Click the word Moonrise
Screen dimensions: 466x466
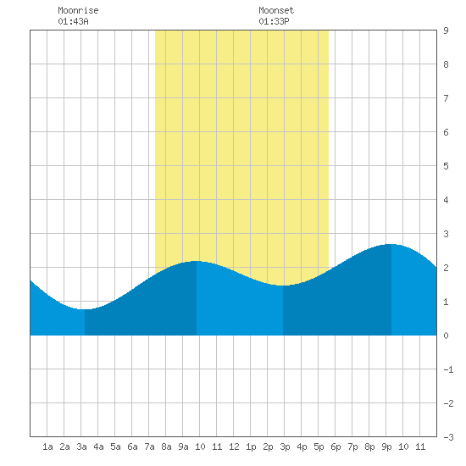point(78,10)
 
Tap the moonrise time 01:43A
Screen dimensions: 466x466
point(73,21)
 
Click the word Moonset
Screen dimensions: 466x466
point(276,10)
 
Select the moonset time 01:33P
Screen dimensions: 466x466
point(274,21)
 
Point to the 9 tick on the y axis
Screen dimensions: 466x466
point(446,31)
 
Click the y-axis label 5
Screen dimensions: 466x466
point(446,166)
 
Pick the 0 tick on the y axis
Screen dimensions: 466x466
point(446,336)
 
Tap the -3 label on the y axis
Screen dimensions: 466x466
point(448,437)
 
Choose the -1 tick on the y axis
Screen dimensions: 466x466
point(448,369)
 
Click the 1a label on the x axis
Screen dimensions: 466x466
point(47,447)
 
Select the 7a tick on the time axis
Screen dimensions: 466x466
point(149,447)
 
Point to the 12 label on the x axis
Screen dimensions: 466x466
point(234,447)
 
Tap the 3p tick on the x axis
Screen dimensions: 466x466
point(285,447)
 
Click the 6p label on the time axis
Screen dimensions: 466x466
point(336,447)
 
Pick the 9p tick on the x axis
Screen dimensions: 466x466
point(386,447)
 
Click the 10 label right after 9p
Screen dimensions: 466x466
point(403,447)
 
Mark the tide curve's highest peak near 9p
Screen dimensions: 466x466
point(391,244)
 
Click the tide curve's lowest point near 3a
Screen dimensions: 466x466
point(85,309)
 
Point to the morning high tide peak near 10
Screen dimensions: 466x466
point(197,261)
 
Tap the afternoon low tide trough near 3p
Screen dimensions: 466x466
point(283,286)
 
